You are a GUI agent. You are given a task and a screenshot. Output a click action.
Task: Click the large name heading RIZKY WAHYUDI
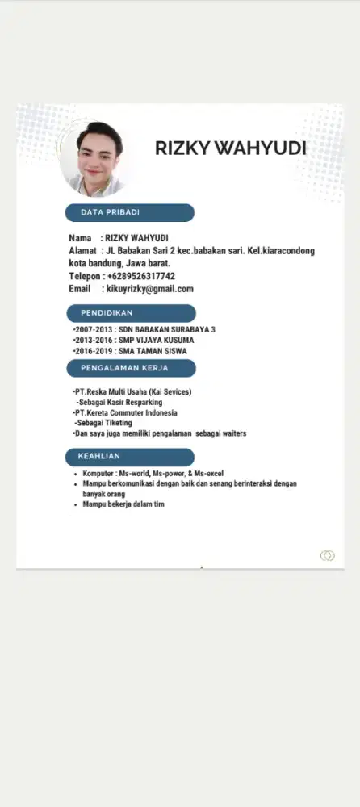tap(230, 148)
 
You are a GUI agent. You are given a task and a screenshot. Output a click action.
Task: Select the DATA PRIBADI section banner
tap(129, 212)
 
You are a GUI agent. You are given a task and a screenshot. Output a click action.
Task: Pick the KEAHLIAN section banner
tap(129, 457)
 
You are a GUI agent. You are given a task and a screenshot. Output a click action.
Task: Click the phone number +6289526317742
tap(141, 276)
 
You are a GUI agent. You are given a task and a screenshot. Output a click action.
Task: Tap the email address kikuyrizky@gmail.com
tap(150, 289)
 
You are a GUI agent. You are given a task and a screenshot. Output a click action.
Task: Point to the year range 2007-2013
tap(93, 330)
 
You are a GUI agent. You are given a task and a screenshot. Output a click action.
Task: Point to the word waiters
tap(231, 433)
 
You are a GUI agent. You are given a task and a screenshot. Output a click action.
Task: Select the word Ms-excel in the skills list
tap(208, 473)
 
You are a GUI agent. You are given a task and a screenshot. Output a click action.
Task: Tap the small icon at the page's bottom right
tap(327, 555)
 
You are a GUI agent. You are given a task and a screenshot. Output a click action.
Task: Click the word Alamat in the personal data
tap(82, 251)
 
